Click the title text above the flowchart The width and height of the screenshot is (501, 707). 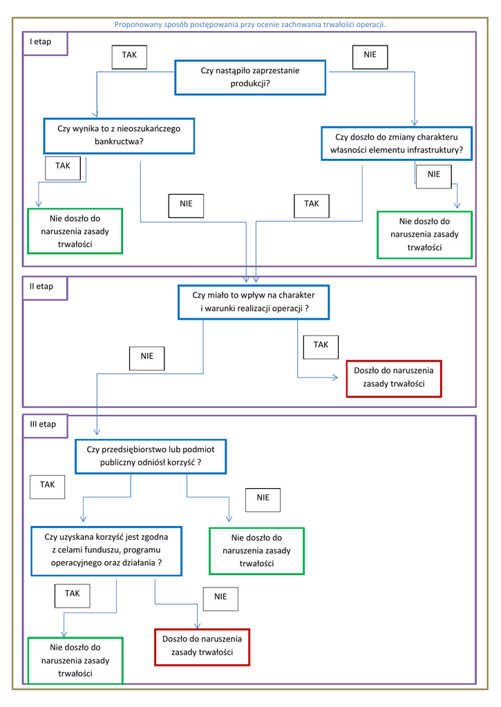(250, 24)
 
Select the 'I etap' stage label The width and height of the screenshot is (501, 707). (41, 41)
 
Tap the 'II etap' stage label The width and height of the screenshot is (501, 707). (41, 287)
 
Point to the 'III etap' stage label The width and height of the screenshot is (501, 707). (43, 425)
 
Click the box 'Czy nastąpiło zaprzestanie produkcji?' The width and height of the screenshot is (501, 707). (250, 77)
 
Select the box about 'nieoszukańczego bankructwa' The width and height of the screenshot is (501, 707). (119, 136)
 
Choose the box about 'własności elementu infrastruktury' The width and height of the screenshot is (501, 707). (397, 144)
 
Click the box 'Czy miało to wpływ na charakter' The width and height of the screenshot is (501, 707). (254, 302)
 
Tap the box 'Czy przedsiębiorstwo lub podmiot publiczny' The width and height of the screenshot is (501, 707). (151, 456)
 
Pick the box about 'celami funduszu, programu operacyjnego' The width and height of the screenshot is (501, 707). (106, 551)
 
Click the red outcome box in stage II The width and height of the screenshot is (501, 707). (394, 379)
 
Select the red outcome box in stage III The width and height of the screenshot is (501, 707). (202, 647)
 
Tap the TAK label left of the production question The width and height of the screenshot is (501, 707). (129, 57)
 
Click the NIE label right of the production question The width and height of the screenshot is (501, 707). (370, 57)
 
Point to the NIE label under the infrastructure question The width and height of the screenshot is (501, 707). (434, 176)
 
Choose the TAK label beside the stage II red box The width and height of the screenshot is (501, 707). (321, 347)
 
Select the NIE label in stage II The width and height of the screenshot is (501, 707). (146, 358)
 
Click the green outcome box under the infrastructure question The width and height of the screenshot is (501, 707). (425, 235)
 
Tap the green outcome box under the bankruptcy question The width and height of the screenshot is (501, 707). (75, 231)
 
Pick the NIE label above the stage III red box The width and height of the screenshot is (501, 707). (220, 599)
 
